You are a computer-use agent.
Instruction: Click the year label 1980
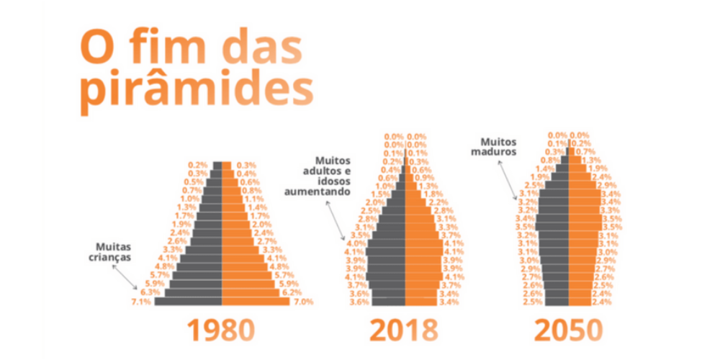tap(221, 330)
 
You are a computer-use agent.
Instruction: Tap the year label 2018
tap(404, 330)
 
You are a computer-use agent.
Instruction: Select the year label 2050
tap(567, 330)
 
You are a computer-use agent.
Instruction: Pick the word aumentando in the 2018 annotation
tap(315, 192)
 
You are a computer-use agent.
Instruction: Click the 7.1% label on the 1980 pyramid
tap(141, 302)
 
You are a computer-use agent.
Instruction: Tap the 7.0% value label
tap(303, 302)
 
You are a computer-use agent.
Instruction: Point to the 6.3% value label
tap(150, 292)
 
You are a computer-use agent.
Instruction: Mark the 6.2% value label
tap(292, 292)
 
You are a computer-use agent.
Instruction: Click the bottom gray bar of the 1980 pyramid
tap(187, 302)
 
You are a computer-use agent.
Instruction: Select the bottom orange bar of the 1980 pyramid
tap(256, 302)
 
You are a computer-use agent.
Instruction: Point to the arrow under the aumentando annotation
tap(336, 220)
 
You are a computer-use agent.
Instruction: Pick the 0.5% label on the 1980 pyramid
tap(193, 182)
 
